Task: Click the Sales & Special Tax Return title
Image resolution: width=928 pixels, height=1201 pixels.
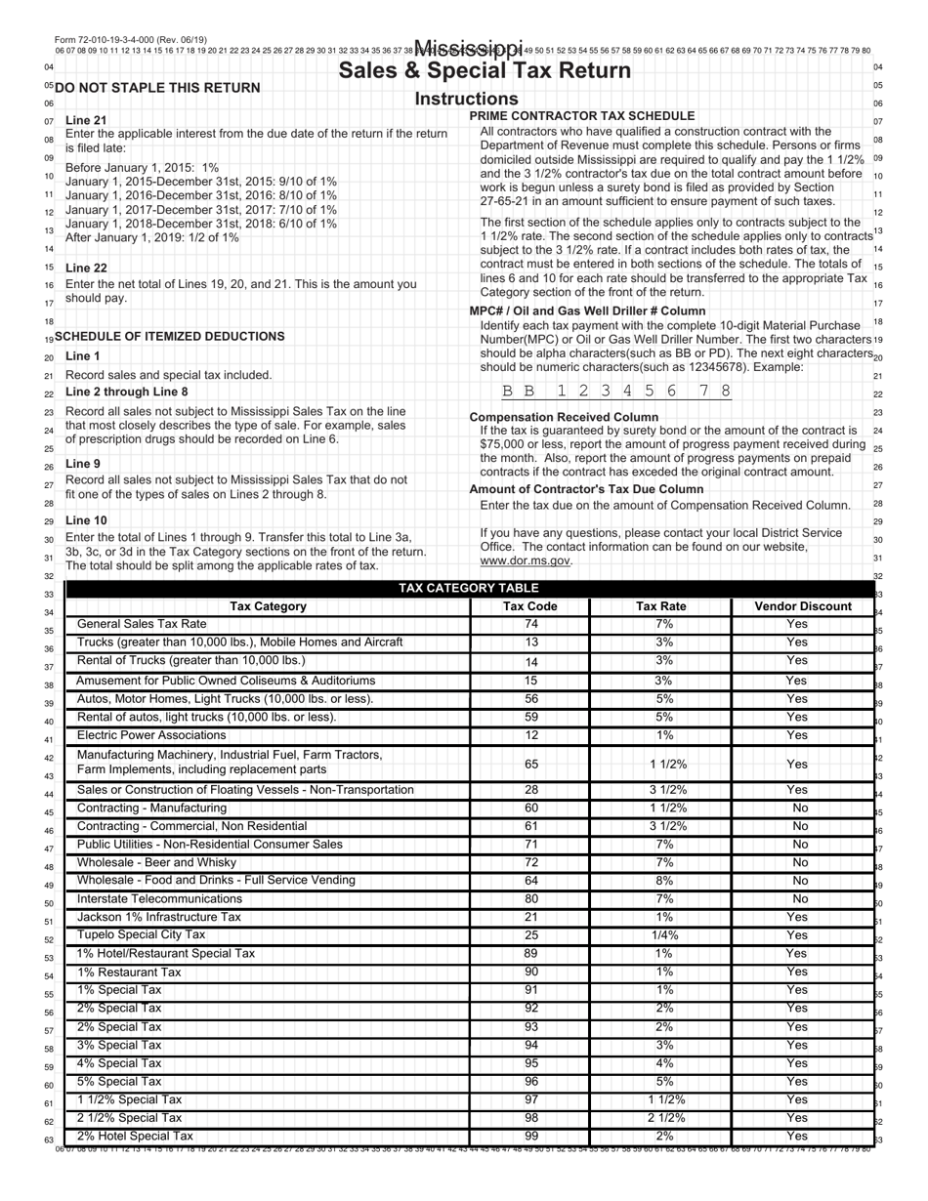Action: point(485,71)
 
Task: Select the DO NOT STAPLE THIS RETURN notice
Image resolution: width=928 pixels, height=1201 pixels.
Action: point(158,88)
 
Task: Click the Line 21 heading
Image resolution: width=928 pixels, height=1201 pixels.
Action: point(86,120)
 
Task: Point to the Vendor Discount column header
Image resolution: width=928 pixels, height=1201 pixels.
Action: point(803,606)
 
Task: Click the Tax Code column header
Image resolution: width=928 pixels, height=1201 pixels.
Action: point(529,606)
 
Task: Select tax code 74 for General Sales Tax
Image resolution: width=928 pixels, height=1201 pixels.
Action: point(531,624)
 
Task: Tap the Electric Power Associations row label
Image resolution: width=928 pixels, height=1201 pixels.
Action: point(151,735)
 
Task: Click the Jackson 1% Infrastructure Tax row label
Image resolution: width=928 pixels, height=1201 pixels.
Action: point(158,917)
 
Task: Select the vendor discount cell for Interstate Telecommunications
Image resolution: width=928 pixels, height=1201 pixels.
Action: point(799,898)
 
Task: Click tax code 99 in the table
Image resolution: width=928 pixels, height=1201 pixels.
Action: point(531,1136)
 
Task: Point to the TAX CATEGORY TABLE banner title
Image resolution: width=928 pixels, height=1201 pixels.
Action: point(469,588)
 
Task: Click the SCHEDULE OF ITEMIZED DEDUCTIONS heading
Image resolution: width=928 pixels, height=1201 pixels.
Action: point(170,336)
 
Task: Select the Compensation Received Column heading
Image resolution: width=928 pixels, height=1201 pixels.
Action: point(564,417)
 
